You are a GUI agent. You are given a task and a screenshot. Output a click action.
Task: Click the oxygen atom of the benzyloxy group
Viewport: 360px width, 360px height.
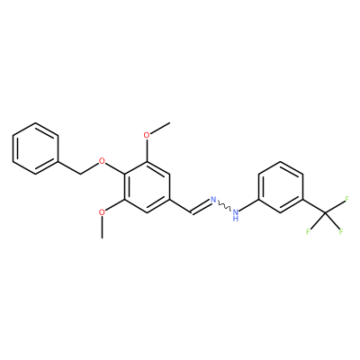coord(103,161)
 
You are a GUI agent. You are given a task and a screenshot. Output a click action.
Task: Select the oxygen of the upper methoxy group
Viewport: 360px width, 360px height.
coord(147,135)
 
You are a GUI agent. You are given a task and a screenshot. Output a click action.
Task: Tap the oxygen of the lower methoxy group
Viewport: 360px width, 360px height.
coord(103,212)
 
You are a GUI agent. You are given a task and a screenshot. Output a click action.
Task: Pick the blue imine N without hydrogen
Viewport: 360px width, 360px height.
coord(213,199)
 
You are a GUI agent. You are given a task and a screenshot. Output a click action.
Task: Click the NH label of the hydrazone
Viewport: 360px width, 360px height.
coord(236,214)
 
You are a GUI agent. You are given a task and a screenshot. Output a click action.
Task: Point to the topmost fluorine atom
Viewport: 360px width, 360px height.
coord(347,199)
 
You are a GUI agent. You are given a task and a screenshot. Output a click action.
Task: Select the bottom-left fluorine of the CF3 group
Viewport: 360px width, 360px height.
coord(308,231)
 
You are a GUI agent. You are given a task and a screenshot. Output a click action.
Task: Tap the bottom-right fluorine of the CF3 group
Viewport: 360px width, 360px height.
coord(341,231)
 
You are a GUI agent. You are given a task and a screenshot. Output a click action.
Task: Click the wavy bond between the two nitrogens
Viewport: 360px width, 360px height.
coord(224,205)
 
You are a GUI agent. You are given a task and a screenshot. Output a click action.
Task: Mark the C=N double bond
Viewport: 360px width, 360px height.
coord(201,207)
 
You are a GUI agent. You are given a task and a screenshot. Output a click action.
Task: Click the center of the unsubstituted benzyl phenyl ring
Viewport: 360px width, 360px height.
coord(35,148)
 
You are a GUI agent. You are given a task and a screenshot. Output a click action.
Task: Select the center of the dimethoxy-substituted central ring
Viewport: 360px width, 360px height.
coord(147,186)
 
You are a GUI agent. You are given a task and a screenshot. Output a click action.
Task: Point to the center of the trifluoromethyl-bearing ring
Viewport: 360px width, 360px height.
coord(281,186)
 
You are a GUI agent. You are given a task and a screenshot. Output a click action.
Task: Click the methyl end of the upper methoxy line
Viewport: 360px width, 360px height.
coord(170,122)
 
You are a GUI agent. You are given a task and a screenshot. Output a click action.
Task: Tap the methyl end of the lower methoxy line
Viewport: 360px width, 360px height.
coord(103,238)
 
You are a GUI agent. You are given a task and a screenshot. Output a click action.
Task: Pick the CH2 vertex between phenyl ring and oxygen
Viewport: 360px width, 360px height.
coord(80,174)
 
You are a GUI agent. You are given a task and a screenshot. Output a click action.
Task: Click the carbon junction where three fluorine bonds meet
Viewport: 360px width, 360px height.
coord(325,212)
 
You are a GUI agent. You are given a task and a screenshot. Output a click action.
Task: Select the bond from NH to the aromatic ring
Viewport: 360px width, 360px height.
coord(248,205)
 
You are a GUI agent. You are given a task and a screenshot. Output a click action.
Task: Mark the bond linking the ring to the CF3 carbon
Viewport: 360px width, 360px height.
coord(314,206)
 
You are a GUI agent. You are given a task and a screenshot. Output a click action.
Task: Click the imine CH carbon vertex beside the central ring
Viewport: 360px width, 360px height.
coord(192,212)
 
